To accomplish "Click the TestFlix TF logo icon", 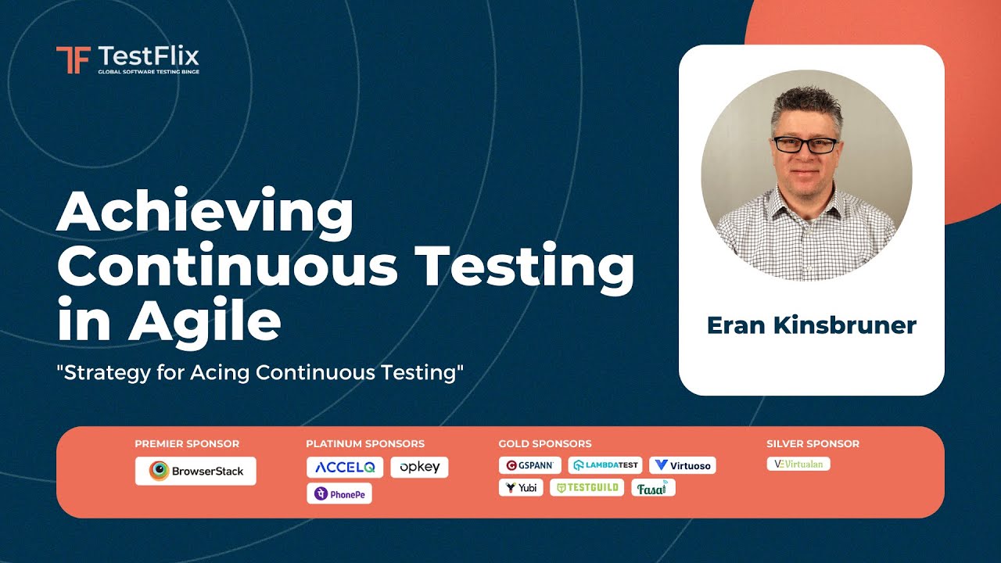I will pyautogui.click(x=73, y=59).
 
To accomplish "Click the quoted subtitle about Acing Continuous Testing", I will pyautogui.click(x=260, y=372).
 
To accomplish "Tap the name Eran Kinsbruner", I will pyautogui.click(x=811, y=325).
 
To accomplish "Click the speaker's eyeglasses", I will pyautogui.click(x=805, y=145).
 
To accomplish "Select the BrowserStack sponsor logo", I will pyautogui.click(x=196, y=471).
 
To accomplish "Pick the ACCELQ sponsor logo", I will pyautogui.click(x=345, y=467).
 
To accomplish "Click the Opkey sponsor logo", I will pyautogui.click(x=419, y=467).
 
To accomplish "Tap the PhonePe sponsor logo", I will pyautogui.click(x=339, y=493).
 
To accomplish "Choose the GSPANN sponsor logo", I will pyautogui.click(x=530, y=465).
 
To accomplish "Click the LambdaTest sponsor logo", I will pyautogui.click(x=605, y=465).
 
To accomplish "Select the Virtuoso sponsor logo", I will pyautogui.click(x=683, y=465).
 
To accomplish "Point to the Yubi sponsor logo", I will pyautogui.click(x=521, y=488).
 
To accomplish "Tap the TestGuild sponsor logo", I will pyautogui.click(x=587, y=488).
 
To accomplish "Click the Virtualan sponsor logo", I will pyautogui.click(x=798, y=464).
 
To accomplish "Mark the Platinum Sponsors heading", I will pyautogui.click(x=365, y=443).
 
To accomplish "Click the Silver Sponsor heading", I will pyautogui.click(x=813, y=443).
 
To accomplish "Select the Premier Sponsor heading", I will pyautogui.click(x=187, y=443).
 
